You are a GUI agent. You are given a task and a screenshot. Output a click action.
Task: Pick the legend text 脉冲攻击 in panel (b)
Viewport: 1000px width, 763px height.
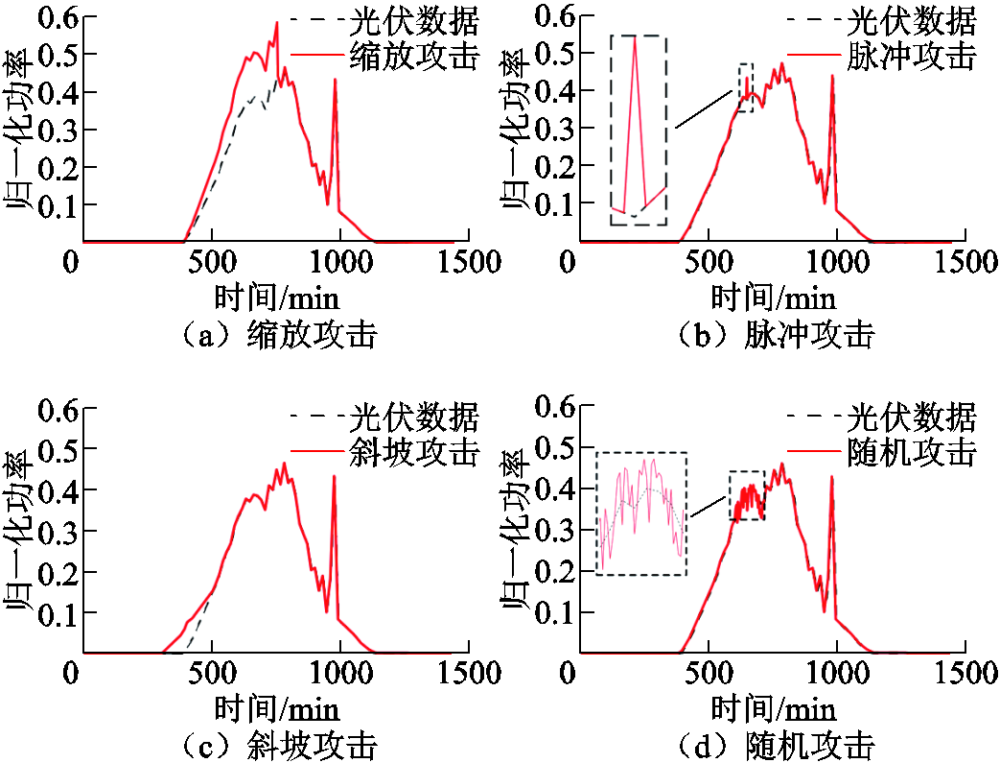click(911, 56)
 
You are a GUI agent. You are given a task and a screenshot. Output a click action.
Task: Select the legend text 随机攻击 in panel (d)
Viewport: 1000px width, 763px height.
click(911, 451)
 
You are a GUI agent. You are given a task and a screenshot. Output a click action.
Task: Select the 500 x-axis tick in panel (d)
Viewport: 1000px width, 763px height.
click(709, 673)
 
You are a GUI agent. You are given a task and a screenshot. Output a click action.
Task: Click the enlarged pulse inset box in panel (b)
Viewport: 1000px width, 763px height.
click(638, 130)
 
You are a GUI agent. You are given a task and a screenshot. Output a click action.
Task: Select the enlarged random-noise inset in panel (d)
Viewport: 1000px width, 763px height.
click(641, 513)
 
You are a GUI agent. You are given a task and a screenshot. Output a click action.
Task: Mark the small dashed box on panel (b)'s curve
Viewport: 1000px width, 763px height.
click(746, 87)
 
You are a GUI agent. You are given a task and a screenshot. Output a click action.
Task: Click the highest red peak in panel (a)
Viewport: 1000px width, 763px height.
click(276, 23)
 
